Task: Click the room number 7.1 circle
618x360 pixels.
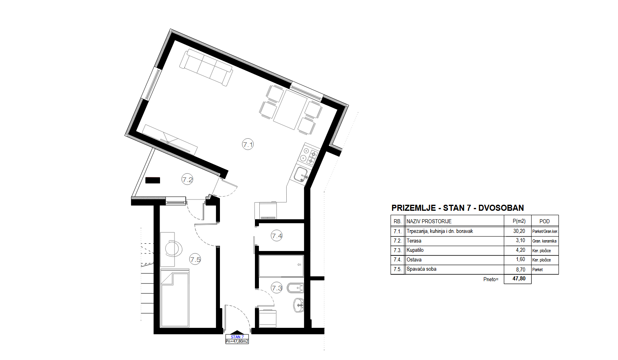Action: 248,144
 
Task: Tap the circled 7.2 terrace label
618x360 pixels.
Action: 187,179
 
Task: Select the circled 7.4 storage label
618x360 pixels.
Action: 277,236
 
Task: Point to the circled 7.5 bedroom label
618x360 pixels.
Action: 195,259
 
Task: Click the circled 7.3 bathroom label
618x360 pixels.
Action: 277,288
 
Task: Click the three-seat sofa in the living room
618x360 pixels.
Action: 206,67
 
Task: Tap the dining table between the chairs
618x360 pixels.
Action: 290,109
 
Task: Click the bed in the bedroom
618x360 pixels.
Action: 175,298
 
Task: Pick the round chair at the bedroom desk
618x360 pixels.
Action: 174,249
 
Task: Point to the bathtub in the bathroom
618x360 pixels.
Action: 281,266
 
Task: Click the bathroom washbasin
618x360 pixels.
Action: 298,305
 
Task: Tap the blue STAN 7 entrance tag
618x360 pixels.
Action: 237,337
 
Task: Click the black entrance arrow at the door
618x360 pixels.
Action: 237,332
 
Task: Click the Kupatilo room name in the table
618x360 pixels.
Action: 415,250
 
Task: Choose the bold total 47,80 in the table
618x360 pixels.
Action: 519,279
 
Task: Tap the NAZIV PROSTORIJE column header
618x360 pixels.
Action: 429,221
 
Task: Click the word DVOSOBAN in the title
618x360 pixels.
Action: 501,208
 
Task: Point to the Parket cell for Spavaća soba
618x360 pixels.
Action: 538,269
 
